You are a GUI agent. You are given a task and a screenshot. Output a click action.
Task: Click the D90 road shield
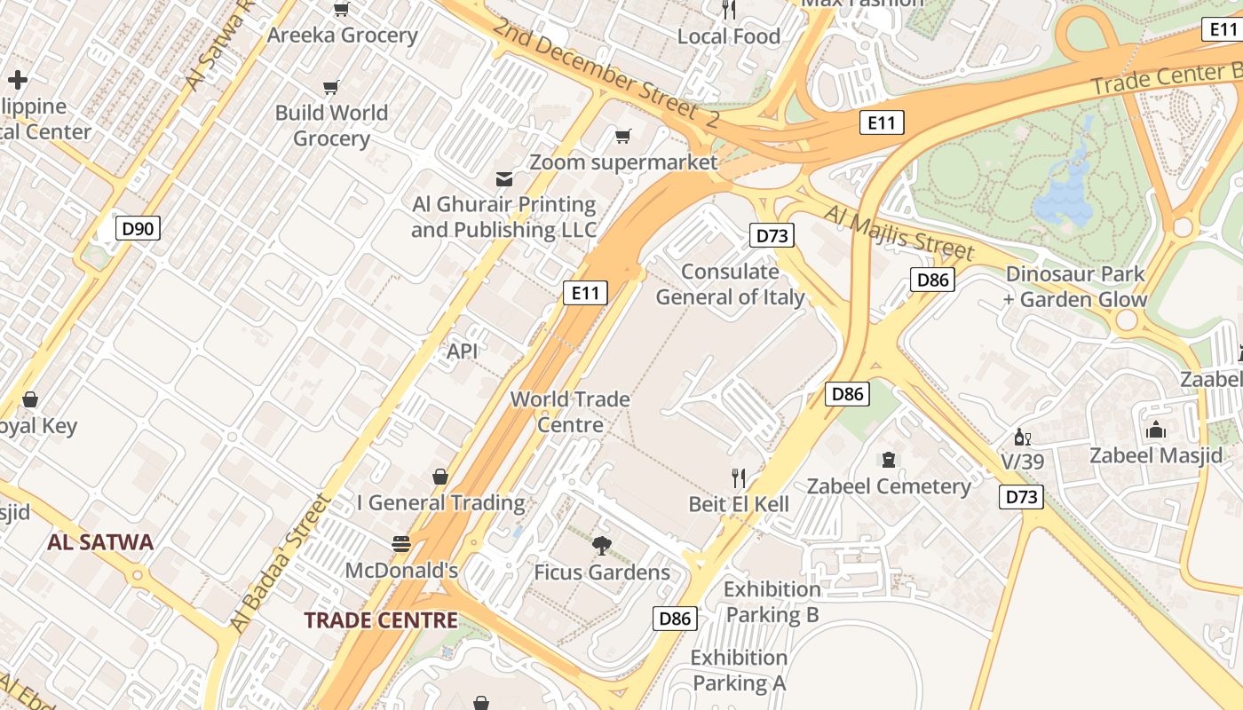point(138,228)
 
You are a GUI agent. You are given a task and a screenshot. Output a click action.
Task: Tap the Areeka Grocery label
point(342,35)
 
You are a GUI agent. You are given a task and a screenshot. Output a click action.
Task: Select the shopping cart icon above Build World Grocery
point(331,87)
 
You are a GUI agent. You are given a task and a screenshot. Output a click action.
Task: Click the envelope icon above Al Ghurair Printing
point(503,179)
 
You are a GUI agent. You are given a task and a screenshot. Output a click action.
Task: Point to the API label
point(463,351)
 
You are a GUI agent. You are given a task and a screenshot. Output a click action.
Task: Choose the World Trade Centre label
point(570,412)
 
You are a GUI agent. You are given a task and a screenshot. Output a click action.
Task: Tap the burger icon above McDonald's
point(401,543)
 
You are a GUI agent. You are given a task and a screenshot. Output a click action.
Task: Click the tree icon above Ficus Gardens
point(602,546)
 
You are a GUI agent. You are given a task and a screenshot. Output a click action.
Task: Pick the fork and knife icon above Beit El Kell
point(739,478)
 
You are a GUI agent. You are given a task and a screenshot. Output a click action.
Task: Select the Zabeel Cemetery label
point(889,486)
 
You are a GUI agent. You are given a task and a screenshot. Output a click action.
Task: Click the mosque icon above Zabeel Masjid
point(1155,430)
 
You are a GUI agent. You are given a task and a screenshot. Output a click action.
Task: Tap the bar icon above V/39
point(1023,438)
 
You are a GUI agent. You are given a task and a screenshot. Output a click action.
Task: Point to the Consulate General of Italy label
point(730,284)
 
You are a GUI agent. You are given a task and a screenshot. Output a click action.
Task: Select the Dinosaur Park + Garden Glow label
point(1075,287)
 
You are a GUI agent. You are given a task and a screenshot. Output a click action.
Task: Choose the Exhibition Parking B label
point(772,602)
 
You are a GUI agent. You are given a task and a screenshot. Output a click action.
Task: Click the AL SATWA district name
point(100,542)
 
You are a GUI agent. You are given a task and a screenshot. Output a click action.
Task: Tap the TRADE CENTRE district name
point(381,620)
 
